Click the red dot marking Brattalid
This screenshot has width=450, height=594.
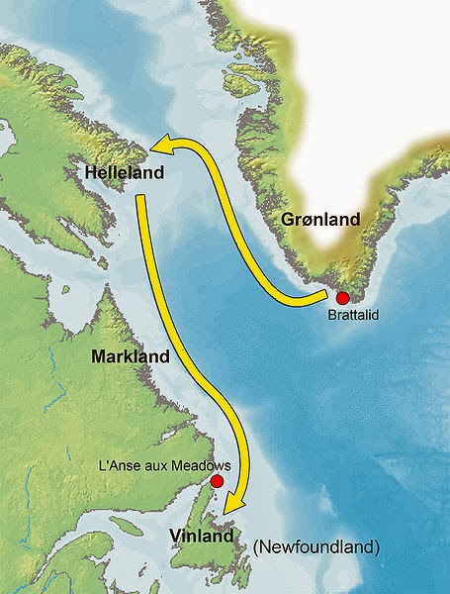[343, 297]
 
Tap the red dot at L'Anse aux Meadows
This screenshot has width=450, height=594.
[217, 482]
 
